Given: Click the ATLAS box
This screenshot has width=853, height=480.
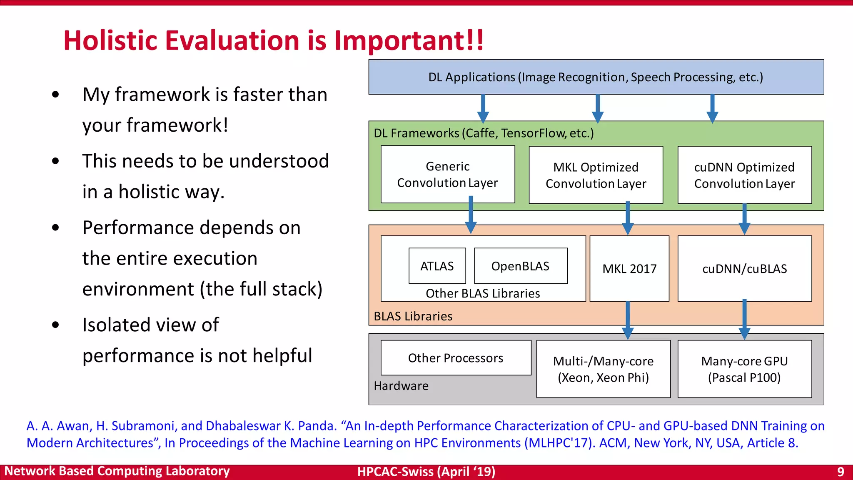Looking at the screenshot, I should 437,266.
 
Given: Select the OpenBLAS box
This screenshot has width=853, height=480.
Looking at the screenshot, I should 520,266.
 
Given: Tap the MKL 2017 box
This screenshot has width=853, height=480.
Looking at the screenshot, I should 629,269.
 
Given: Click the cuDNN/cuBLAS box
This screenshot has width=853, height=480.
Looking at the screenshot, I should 744,269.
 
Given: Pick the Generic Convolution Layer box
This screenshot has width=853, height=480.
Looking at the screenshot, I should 447,174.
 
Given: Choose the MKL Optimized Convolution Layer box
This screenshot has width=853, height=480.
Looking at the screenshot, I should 596,175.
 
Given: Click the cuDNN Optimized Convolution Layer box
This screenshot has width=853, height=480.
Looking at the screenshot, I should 744,175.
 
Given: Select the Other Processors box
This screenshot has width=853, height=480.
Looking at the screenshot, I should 456,358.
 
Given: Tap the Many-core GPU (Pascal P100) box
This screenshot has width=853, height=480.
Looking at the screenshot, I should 744,369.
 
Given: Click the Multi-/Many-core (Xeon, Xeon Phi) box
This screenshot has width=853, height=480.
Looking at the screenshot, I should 603,369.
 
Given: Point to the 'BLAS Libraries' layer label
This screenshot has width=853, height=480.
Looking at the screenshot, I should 413,316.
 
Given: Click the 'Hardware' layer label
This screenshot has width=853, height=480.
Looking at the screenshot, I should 401,386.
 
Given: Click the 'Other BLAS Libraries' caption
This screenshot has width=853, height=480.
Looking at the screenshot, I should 483,293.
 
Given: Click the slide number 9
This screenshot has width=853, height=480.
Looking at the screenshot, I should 841,472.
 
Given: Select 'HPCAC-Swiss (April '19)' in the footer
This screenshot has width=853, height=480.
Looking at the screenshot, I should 426,472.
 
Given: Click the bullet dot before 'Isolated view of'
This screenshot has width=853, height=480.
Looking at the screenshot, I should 55,325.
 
